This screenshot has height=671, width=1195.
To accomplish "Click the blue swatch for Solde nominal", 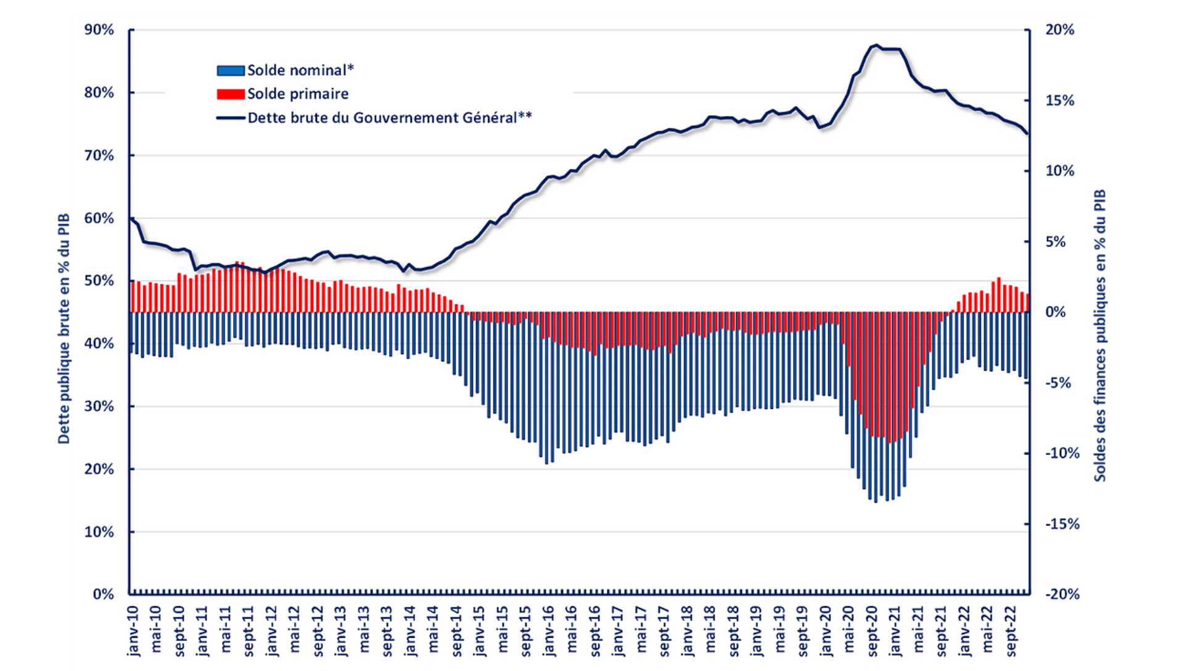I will tap(230, 70).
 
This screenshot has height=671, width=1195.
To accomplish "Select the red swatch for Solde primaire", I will tap(230, 94).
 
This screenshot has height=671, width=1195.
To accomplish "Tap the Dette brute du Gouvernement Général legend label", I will tap(389, 118).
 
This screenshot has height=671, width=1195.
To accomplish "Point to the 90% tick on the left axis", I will tap(99, 30).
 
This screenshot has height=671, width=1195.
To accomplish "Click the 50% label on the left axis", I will tap(99, 281).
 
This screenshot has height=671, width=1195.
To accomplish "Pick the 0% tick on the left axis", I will tap(103, 595).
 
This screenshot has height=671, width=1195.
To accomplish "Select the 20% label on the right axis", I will tap(1059, 30).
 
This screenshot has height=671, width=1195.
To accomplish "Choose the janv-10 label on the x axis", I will tap(133, 631).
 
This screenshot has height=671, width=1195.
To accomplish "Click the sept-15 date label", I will tap(526, 631).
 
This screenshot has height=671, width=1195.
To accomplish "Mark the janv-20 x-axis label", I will tap(826, 631).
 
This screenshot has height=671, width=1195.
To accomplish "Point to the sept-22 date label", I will tap(1012, 631).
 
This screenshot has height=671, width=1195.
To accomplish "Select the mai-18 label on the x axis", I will tap(711, 631).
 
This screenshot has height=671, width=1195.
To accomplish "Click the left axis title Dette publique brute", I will tap(64, 329).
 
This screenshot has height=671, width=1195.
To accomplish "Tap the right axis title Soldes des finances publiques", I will tap(1100, 335).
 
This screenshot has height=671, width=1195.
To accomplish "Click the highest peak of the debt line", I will tap(876, 45).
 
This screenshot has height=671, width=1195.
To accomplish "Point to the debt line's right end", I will tap(1027, 134).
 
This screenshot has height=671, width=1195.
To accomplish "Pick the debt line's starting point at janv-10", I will tap(131, 218).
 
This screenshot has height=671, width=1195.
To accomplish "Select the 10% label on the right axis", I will tap(1059, 171).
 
